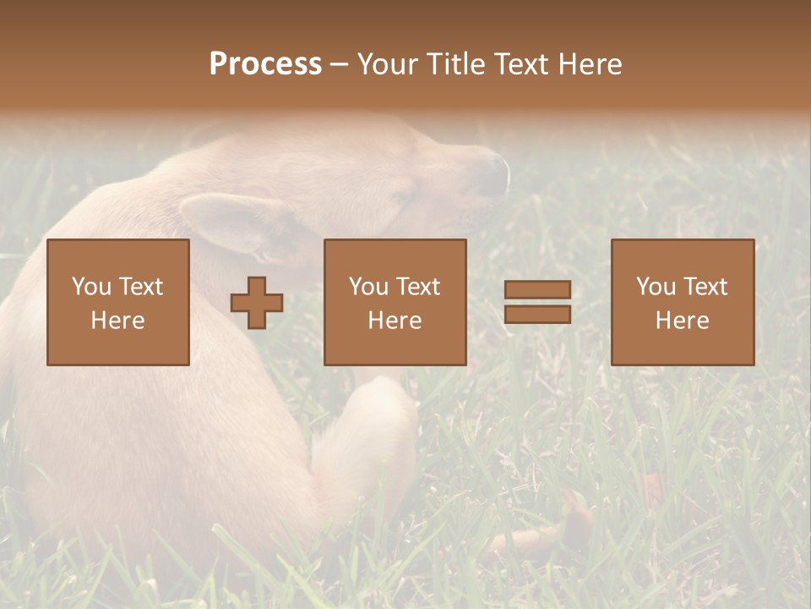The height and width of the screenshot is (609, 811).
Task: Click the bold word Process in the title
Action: click(265, 64)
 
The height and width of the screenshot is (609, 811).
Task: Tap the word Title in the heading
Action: click(454, 64)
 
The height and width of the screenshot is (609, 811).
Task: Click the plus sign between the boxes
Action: click(257, 303)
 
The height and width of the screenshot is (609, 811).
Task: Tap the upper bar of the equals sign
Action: click(537, 290)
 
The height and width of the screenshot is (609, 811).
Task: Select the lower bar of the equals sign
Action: click(537, 314)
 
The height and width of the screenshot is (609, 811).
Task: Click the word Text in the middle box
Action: click(418, 287)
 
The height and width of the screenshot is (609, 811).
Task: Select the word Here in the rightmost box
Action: click(683, 321)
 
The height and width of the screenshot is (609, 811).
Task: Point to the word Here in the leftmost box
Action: click(118, 321)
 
